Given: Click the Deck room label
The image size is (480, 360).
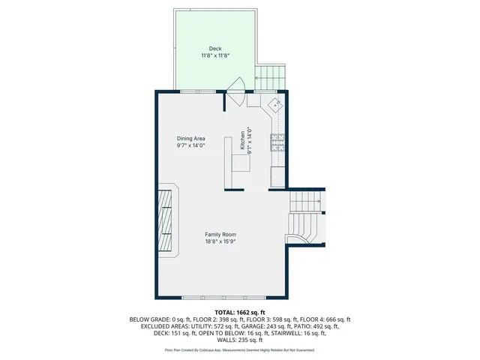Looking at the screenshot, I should coord(215,49).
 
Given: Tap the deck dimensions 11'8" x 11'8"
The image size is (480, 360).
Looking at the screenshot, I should coord(215,55).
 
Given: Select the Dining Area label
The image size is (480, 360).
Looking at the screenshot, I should coord(190,139).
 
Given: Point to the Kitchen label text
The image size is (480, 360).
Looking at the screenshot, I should coord(242,141).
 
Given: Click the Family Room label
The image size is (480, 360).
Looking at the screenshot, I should coord(220,235).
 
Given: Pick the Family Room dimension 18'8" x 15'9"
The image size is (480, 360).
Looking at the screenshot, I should coord(220,241).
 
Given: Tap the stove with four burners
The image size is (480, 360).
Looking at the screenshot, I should coord(277,142).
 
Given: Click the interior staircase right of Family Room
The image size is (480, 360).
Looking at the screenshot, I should coord(307,217).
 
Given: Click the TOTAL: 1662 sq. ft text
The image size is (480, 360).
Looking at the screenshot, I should coord(240,312).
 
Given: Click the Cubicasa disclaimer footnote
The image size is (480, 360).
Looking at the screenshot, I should coord(240,350).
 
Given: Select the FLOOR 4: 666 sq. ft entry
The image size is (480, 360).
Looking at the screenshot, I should coord(328,319).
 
